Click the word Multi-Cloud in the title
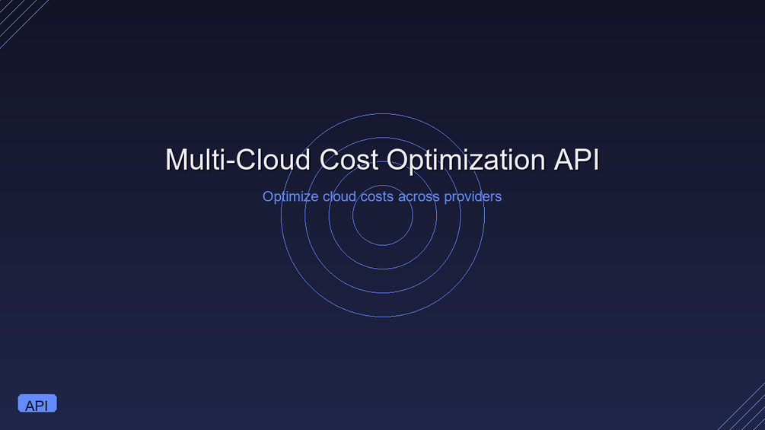tap(238, 159)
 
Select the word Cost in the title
tap(349, 159)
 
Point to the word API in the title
tap(576, 159)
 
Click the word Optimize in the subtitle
tap(290, 197)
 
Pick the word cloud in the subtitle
tap(339, 196)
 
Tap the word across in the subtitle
tap(419, 197)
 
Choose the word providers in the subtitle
tap(473, 197)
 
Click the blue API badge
tap(37, 403)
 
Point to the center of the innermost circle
tap(382, 215)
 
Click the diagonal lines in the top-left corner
tap(22, 22)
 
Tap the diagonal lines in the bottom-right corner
tap(743, 408)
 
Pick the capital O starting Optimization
tap(398, 159)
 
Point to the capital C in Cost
tap(330, 159)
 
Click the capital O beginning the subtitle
tap(268, 196)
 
